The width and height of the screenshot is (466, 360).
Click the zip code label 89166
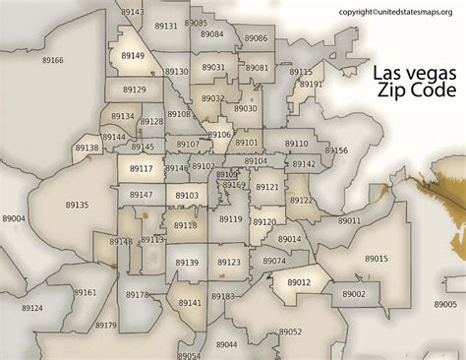click(x=53, y=60)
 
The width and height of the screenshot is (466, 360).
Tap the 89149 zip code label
click(x=133, y=56)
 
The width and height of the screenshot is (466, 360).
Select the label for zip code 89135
click(x=77, y=205)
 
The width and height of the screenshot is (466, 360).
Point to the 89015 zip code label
click(x=377, y=258)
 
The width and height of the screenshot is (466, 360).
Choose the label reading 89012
click(x=299, y=282)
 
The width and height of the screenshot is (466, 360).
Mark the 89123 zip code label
click(x=229, y=263)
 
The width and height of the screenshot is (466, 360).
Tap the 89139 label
click(x=187, y=263)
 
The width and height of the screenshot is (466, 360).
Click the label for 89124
click(x=32, y=308)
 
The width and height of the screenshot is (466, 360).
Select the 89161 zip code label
click(x=86, y=292)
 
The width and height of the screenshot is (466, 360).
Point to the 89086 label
click(x=256, y=37)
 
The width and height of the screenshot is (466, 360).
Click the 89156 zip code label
click(x=336, y=150)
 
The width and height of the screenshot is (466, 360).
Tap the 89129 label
click(x=135, y=90)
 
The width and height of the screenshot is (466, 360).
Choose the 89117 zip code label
click(x=142, y=169)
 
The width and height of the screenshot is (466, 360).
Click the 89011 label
click(x=350, y=221)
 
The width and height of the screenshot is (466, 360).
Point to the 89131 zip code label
click(x=166, y=26)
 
